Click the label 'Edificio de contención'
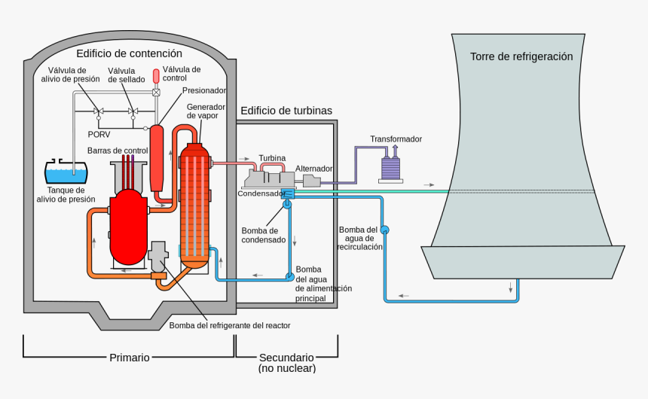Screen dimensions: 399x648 pos(129,53)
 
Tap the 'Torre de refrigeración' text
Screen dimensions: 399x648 pos(521,56)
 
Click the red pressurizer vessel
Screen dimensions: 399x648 pos(157,158)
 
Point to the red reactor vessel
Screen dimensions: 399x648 pos(128,226)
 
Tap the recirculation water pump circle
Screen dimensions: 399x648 pos(384,229)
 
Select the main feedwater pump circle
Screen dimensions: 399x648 pos(289,276)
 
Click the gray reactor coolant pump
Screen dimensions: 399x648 pos(159,257)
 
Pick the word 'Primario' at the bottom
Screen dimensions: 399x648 pos(130,358)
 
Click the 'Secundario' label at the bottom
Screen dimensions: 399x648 pos(286,358)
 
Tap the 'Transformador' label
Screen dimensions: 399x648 pos(396,139)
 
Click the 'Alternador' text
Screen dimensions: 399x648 pos(314,169)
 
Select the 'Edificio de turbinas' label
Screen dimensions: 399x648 pos(286,111)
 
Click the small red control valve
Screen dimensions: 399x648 pos(157,76)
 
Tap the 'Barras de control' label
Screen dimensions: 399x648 pos(118,151)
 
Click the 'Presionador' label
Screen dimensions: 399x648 pos(204,90)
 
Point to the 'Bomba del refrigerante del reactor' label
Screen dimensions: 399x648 pos(230,325)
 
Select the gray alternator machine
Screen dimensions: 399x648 pos(310,181)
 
